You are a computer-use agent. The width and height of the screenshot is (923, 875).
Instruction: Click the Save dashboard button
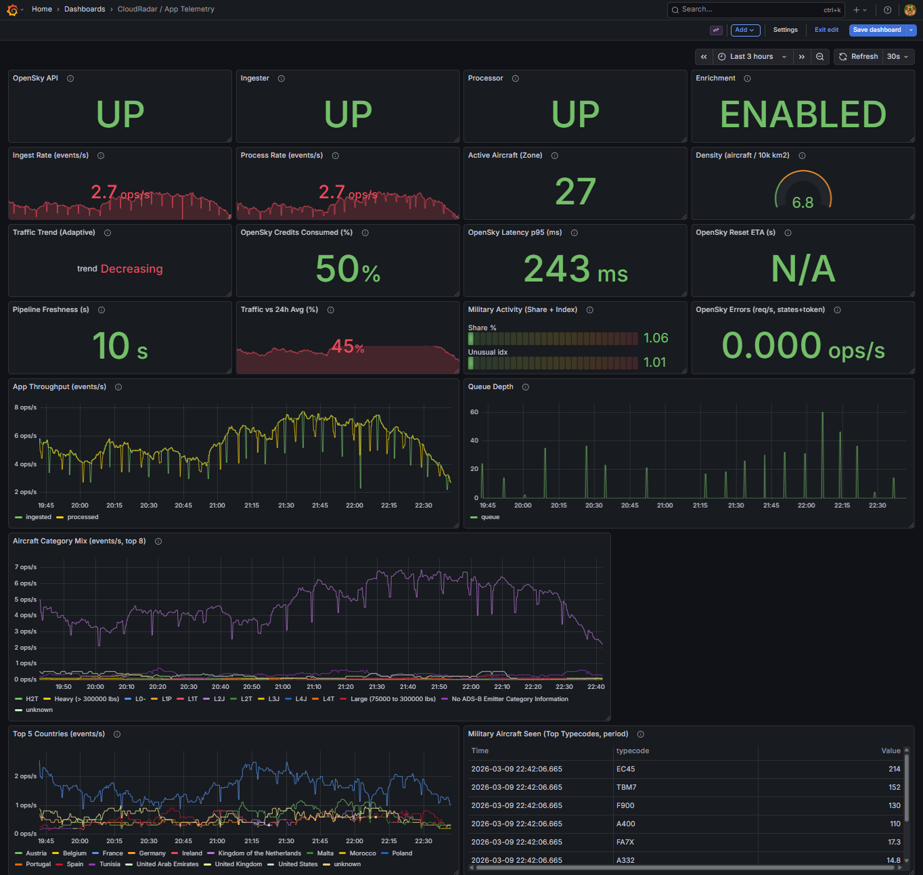(876, 30)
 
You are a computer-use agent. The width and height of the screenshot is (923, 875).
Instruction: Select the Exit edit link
(826, 30)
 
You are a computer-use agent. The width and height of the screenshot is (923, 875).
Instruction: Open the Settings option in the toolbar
(785, 30)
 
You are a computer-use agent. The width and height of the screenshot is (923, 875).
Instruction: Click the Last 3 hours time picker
(751, 57)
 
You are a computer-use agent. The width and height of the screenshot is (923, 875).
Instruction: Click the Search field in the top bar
(751, 9)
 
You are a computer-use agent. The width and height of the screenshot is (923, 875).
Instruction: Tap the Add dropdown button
(745, 30)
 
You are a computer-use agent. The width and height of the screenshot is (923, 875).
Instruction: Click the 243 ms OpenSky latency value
(575, 269)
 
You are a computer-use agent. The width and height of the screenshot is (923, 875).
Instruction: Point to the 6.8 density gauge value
(803, 203)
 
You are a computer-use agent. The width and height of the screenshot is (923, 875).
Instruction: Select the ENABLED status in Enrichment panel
(803, 114)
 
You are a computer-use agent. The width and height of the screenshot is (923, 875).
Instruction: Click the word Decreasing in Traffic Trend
(132, 269)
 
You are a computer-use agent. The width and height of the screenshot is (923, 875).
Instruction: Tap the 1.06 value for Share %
(656, 338)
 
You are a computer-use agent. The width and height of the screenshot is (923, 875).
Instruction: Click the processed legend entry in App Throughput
(83, 517)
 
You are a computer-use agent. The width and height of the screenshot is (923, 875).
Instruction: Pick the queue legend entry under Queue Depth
(490, 517)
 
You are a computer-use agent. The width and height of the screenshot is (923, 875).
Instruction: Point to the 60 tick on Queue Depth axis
(474, 412)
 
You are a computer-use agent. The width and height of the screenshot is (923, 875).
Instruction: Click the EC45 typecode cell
(626, 769)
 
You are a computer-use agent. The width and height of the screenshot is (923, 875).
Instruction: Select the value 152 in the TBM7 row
(894, 788)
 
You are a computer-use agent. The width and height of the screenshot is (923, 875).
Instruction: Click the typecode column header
(633, 751)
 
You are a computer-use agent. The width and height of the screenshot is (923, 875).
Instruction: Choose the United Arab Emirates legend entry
(167, 864)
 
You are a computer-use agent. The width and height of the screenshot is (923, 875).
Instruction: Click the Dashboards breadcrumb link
(85, 9)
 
